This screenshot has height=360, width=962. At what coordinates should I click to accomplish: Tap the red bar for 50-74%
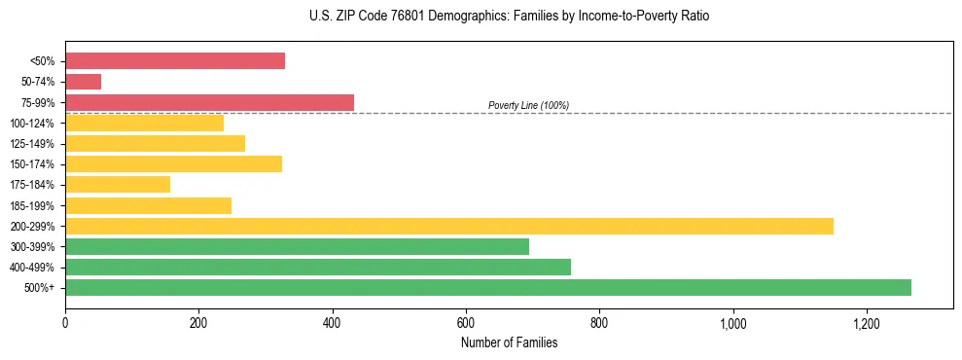(x=83, y=82)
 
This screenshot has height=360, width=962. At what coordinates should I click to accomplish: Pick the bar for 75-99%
(x=209, y=102)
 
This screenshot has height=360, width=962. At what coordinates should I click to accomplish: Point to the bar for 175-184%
(x=118, y=185)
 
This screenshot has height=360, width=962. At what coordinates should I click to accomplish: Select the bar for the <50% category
(x=175, y=60)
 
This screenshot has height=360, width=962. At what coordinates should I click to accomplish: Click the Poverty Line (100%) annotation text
(x=528, y=105)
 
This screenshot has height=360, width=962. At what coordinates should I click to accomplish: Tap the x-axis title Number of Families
(x=509, y=342)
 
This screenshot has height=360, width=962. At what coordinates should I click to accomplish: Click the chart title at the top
(x=481, y=17)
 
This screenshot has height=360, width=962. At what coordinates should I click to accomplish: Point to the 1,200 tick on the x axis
(x=866, y=323)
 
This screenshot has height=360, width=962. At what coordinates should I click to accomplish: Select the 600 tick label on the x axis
(x=466, y=323)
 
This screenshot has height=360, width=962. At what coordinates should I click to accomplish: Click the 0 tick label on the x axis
(x=65, y=323)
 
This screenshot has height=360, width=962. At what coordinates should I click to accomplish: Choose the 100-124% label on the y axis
(x=32, y=124)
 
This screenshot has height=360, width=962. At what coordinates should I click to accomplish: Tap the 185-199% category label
(x=32, y=205)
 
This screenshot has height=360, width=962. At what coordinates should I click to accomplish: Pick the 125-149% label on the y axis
(x=32, y=144)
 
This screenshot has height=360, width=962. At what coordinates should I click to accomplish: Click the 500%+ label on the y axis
(x=40, y=288)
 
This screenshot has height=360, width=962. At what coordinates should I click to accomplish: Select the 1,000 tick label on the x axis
(x=732, y=323)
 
